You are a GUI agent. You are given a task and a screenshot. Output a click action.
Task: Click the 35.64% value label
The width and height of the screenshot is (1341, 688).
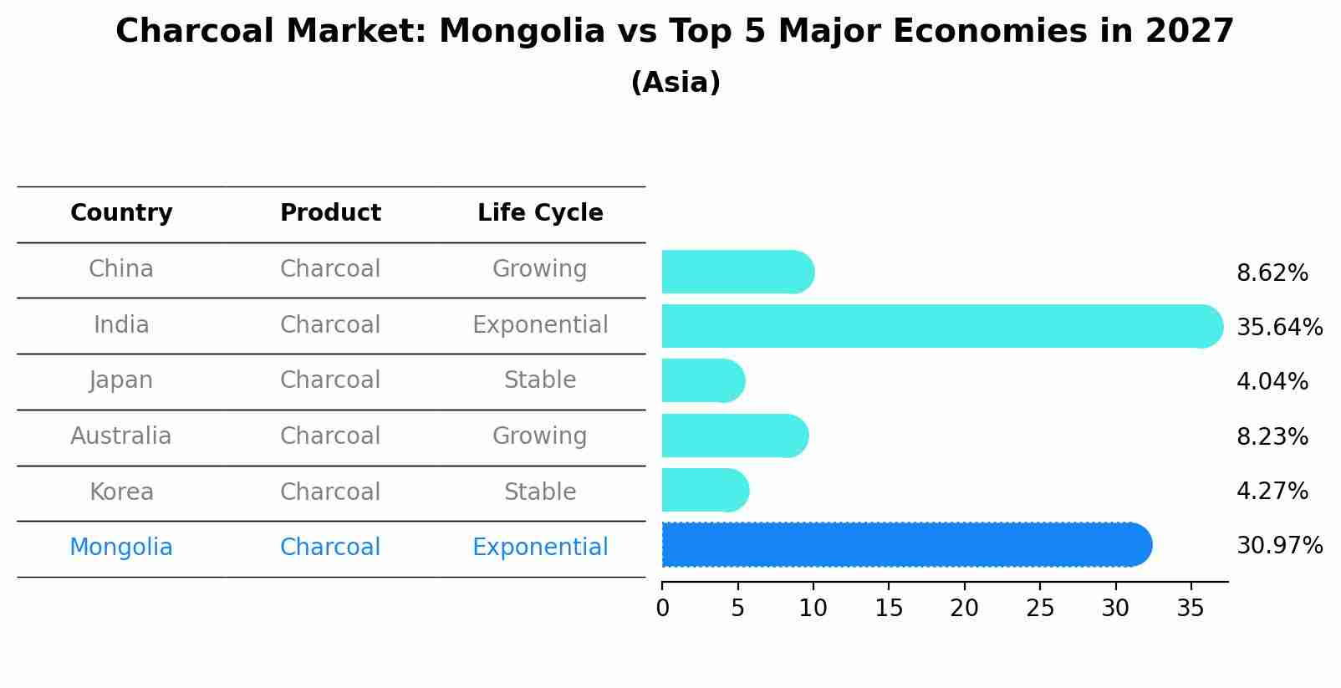[1279, 327]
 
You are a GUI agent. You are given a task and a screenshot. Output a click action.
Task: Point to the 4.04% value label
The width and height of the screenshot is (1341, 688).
[1272, 382]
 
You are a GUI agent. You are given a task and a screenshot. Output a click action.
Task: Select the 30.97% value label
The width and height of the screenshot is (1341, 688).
[1279, 546]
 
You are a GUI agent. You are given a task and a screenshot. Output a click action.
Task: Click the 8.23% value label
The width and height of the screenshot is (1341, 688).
[1272, 436]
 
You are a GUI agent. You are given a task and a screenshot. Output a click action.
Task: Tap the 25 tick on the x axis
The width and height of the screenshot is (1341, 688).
[1040, 608]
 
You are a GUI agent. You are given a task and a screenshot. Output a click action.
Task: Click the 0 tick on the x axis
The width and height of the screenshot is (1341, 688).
[662, 608]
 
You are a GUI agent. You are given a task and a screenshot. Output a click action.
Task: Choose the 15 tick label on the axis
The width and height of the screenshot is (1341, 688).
[889, 608]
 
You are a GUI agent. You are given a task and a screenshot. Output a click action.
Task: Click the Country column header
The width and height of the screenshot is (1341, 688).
[121, 213]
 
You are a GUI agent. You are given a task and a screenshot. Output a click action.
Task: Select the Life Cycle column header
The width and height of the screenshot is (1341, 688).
[540, 213]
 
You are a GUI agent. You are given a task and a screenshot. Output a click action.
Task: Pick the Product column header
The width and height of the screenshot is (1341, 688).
[330, 213]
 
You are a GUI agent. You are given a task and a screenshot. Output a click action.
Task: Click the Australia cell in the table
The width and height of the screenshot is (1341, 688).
[121, 436]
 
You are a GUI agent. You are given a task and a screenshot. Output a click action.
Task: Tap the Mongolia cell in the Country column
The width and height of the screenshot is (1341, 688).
[121, 548]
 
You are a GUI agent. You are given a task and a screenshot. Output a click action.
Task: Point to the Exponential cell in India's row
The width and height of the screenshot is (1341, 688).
[540, 325]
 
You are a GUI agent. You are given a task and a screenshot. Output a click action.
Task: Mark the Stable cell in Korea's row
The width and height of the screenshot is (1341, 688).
[540, 492]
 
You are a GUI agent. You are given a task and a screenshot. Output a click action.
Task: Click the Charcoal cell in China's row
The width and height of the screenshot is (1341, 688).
[330, 269]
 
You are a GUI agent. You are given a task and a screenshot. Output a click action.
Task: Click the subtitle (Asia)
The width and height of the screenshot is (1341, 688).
[676, 83]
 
